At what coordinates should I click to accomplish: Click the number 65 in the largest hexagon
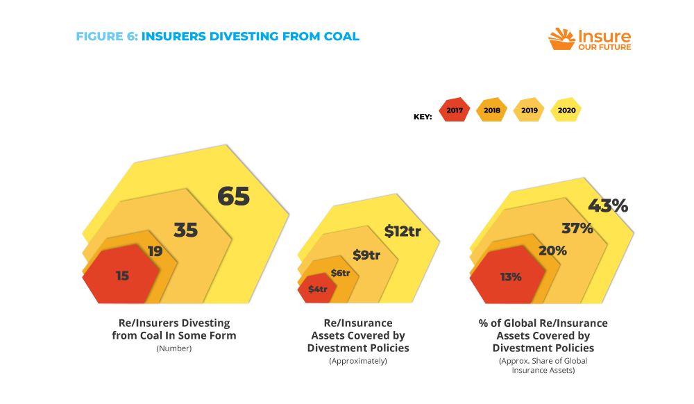pyautogui.click(x=233, y=196)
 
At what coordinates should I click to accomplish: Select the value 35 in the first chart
pyautogui.click(x=185, y=230)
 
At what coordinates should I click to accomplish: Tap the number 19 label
pyautogui.click(x=155, y=251)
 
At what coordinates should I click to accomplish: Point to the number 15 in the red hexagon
pyautogui.click(x=122, y=276)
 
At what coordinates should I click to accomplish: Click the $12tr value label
pyautogui.click(x=403, y=231)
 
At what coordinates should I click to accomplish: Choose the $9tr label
pyautogui.click(x=366, y=255)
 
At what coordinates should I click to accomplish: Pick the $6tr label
pyautogui.click(x=340, y=273)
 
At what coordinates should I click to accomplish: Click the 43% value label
pyautogui.click(x=608, y=206)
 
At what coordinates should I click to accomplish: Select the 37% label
pyautogui.click(x=577, y=228)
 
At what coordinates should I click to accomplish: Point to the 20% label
pyautogui.click(x=552, y=251)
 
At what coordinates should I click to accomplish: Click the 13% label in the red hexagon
pyautogui.click(x=511, y=276)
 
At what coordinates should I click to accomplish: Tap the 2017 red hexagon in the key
pyautogui.click(x=455, y=110)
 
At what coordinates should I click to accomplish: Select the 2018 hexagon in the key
pyautogui.click(x=492, y=110)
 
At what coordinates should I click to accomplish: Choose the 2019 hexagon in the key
pyautogui.click(x=529, y=110)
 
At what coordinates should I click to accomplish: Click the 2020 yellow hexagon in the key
pyautogui.click(x=566, y=110)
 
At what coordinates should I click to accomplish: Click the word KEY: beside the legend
pyautogui.click(x=423, y=117)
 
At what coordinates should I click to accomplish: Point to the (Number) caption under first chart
pyautogui.click(x=173, y=348)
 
